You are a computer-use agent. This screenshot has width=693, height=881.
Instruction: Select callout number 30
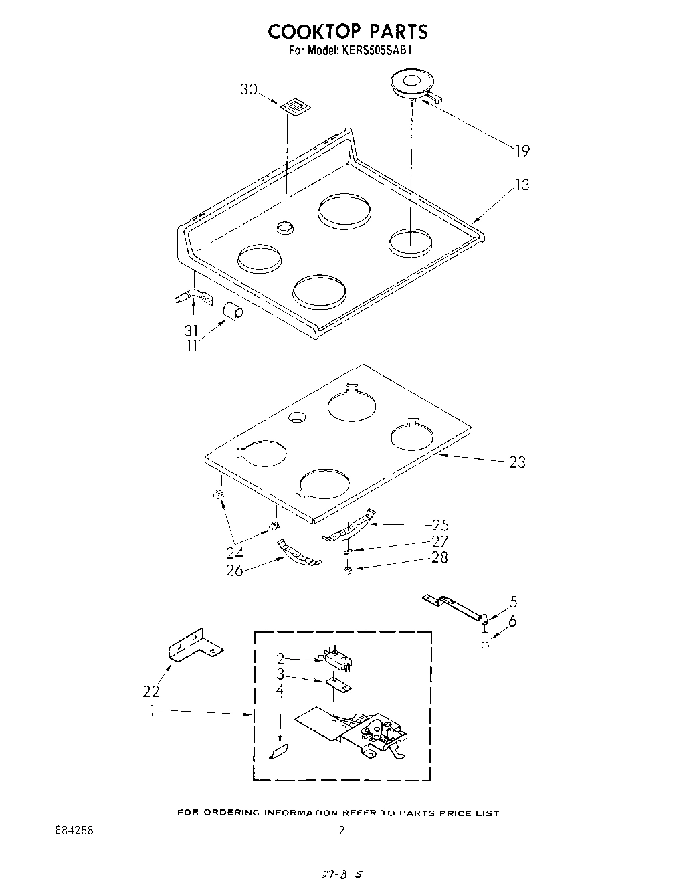[x=249, y=89]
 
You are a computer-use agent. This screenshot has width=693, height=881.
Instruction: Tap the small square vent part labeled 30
[x=294, y=106]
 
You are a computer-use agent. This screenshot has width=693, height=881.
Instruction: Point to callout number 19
[x=522, y=151]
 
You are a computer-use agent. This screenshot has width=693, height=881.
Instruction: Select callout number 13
[x=522, y=185]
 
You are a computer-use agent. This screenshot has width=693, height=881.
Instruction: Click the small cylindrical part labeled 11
[x=232, y=311]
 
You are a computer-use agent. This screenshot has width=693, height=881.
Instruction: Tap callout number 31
[x=191, y=330]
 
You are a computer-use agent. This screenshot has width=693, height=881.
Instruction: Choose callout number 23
[x=517, y=462]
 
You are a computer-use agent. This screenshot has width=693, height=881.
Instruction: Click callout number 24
[x=235, y=553]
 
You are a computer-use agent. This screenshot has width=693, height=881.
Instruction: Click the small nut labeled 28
[x=348, y=569]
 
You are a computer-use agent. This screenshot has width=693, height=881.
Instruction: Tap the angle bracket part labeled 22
[x=193, y=646]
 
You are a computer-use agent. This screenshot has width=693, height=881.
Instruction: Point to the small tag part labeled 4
[x=278, y=752]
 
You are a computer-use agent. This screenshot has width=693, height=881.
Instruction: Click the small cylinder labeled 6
[x=485, y=641]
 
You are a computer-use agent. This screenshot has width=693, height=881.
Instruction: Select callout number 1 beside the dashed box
[x=153, y=711]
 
